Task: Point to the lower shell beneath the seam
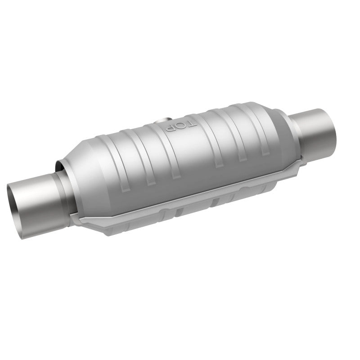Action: pos(189,211)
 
